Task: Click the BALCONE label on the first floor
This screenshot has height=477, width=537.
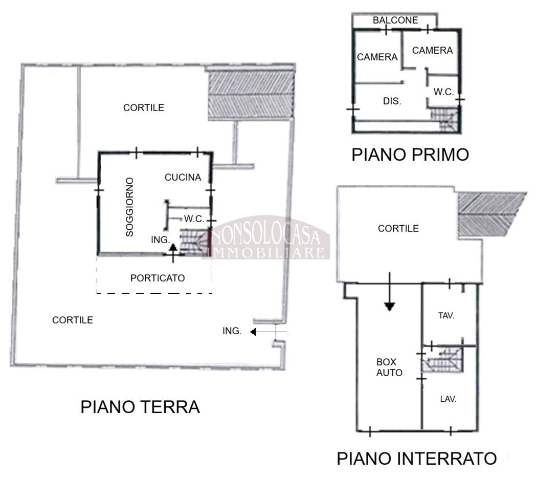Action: point(395,20)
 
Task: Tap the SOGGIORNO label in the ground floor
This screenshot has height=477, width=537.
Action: point(129,207)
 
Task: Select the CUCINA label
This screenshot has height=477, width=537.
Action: point(183,177)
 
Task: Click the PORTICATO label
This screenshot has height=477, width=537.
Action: point(158,278)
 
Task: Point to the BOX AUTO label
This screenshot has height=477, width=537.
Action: point(389,367)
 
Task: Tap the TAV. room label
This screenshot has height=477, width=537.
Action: point(446,315)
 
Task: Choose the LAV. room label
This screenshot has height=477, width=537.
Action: point(448,399)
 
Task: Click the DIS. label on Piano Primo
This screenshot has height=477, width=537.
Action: point(392,101)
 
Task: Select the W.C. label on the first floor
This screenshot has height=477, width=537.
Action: point(444,92)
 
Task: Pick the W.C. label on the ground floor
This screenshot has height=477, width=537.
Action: point(194,219)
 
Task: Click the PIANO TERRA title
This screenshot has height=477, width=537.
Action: point(140,407)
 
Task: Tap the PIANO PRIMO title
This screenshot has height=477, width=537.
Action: point(410,155)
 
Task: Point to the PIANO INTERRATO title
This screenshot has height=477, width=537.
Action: point(417,459)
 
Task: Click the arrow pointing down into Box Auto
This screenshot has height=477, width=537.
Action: point(389,292)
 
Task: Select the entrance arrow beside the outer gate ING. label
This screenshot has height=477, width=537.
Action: point(268,332)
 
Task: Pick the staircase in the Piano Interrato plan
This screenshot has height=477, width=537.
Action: point(442,359)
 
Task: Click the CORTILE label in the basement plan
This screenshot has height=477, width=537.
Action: point(398,229)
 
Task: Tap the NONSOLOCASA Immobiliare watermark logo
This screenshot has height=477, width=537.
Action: point(266,238)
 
